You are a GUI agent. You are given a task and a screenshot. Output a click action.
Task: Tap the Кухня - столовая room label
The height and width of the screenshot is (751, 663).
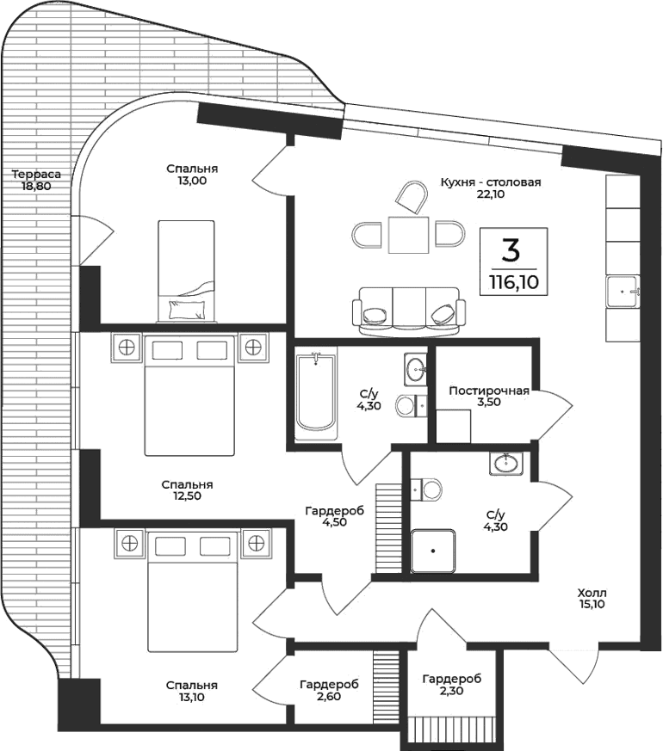[x=490, y=188]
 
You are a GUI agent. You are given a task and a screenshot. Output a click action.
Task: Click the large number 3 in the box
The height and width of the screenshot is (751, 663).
[x=511, y=249]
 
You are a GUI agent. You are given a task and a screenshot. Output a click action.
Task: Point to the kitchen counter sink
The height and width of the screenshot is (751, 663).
[x=624, y=292]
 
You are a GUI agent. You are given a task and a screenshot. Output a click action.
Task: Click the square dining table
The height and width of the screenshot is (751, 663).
[x=407, y=235]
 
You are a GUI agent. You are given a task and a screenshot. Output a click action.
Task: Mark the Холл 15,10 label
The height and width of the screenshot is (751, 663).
[x=592, y=598]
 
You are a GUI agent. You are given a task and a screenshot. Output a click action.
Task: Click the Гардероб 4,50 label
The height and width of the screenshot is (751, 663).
[x=334, y=515]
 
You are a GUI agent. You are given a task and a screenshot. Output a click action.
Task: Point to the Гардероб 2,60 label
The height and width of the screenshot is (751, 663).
[x=329, y=690]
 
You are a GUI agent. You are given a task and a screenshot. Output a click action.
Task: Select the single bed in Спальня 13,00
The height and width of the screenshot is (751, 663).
[x=185, y=269]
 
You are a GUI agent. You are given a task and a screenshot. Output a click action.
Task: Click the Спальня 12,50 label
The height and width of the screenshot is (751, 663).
[x=187, y=490]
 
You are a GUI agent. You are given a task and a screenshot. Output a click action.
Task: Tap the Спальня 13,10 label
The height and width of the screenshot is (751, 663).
[x=192, y=691]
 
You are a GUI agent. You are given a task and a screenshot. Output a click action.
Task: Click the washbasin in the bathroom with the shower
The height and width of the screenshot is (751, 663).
[x=506, y=465]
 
